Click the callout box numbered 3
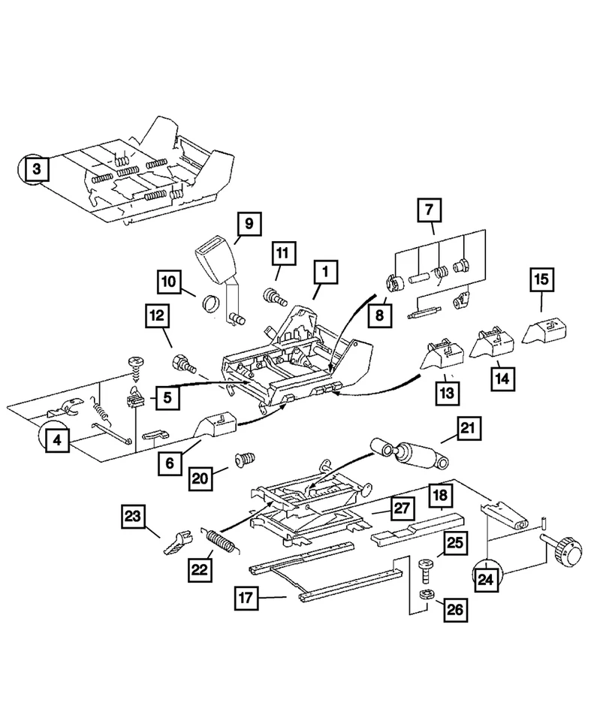pyautogui.click(x=36, y=169)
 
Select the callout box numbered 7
pyautogui.click(x=429, y=210)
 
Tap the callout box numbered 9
pyautogui.click(x=249, y=224)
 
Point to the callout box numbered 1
pyautogui.click(x=325, y=272)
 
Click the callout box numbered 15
pyautogui.click(x=541, y=279)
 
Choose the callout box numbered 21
pyautogui.click(x=469, y=429)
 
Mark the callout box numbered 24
pyautogui.click(x=486, y=579)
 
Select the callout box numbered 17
pyautogui.click(x=246, y=598)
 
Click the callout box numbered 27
pyautogui.click(x=402, y=508)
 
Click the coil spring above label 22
pyautogui.click(x=221, y=541)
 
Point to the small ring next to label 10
pyautogui.click(x=210, y=303)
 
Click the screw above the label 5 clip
pyautogui.click(x=136, y=368)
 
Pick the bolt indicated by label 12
pyautogui.click(x=183, y=364)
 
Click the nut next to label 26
pyautogui.click(x=426, y=593)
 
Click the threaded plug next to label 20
pyautogui.click(x=244, y=460)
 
